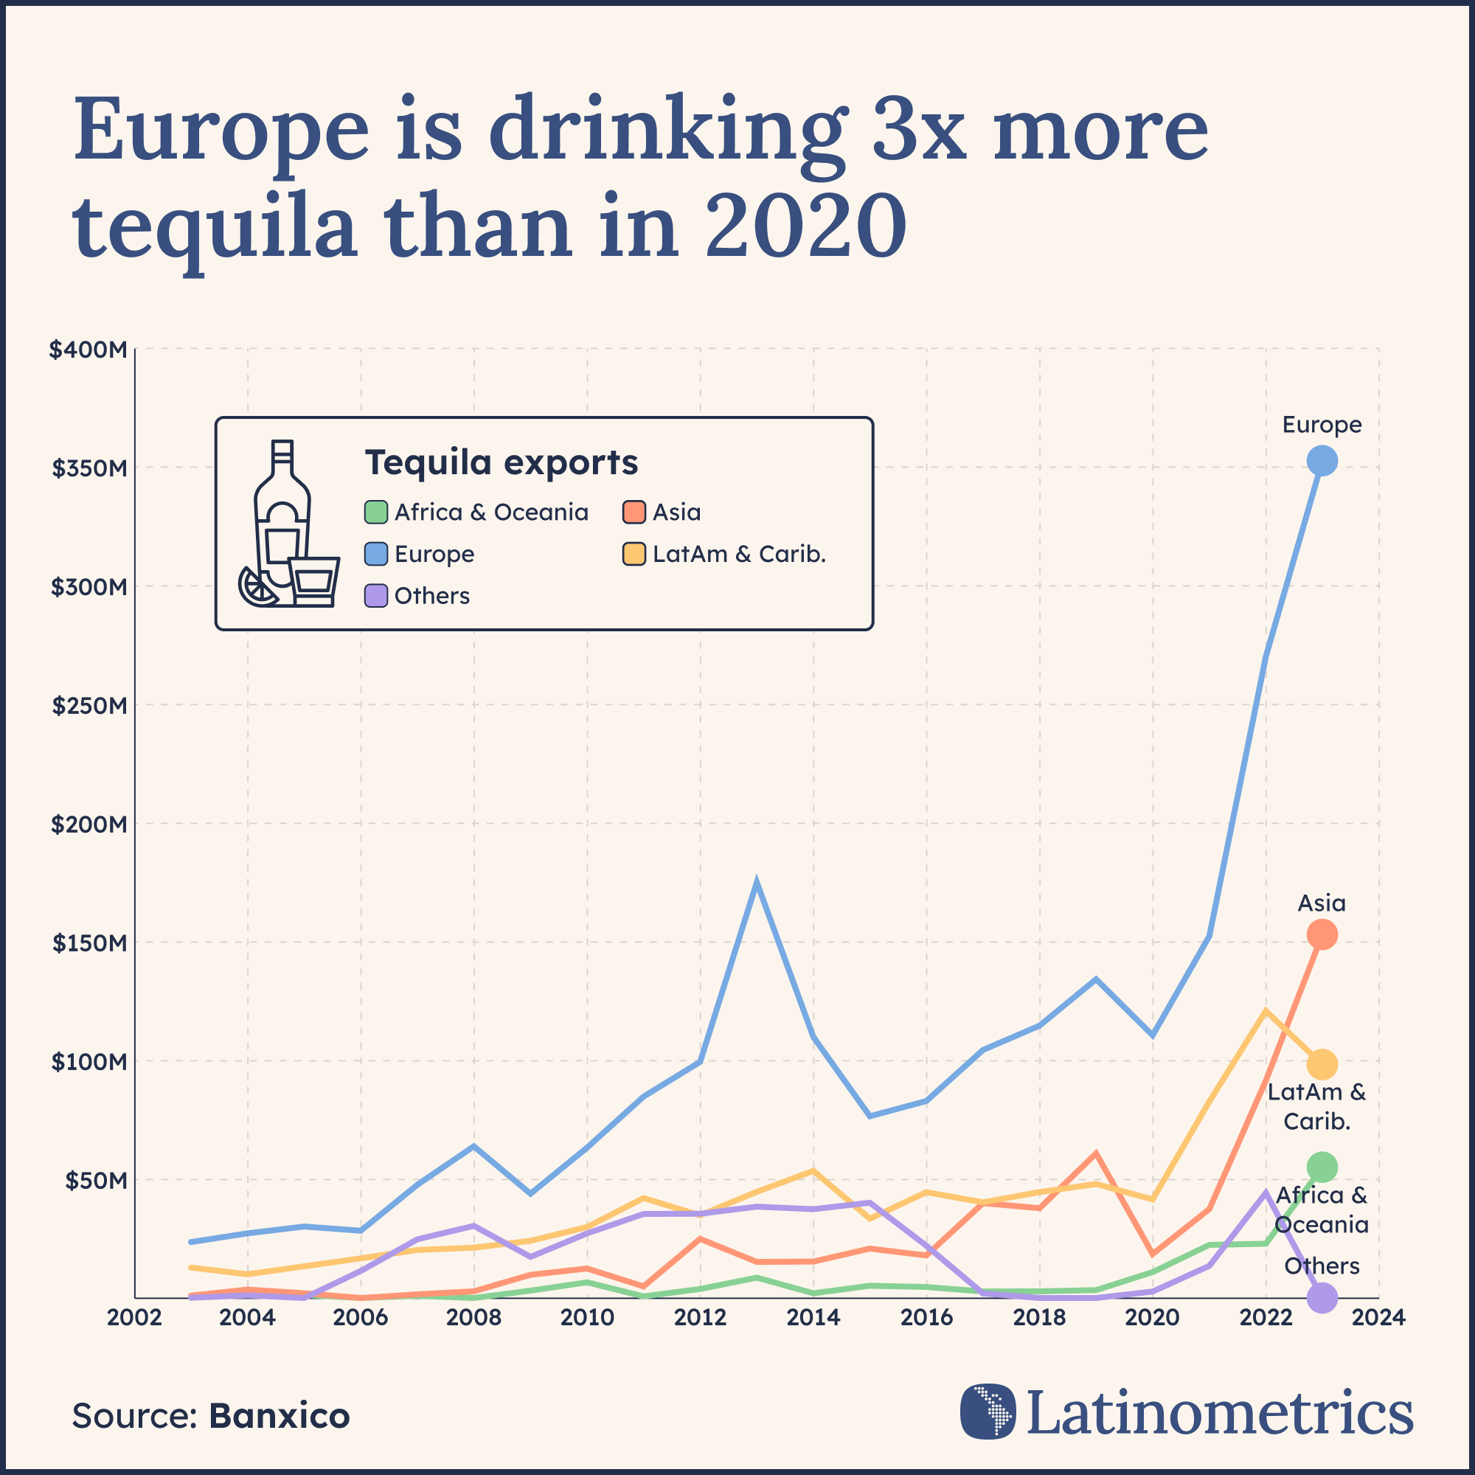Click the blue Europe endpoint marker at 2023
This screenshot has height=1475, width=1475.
click(1322, 460)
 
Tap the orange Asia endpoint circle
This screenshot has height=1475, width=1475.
click(1322, 934)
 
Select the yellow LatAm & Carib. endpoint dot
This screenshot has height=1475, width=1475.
click(1322, 1064)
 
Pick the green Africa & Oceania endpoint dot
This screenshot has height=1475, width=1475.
click(1322, 1167)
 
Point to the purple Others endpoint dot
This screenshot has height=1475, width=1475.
click(1322, 1297)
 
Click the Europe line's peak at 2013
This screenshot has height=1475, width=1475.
click(756, 883)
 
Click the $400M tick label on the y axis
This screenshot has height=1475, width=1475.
click(88, 350)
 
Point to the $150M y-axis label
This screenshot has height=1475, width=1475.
click(89, 943)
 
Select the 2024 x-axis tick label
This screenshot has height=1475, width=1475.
click(1378, 1318)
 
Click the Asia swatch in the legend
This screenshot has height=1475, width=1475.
click(634, 513)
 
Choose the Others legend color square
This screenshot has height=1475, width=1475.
click(375, 595)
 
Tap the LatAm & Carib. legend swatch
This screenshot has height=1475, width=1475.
click(634, 555)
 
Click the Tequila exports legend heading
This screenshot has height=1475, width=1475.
click(501, 462)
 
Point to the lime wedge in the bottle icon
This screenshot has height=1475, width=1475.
click(257, 586)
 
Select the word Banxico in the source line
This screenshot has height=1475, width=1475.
click(280, 1416)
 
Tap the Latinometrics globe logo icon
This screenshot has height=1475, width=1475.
click(988, 1411)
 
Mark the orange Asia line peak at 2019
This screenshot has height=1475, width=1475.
click(1096, 1153)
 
